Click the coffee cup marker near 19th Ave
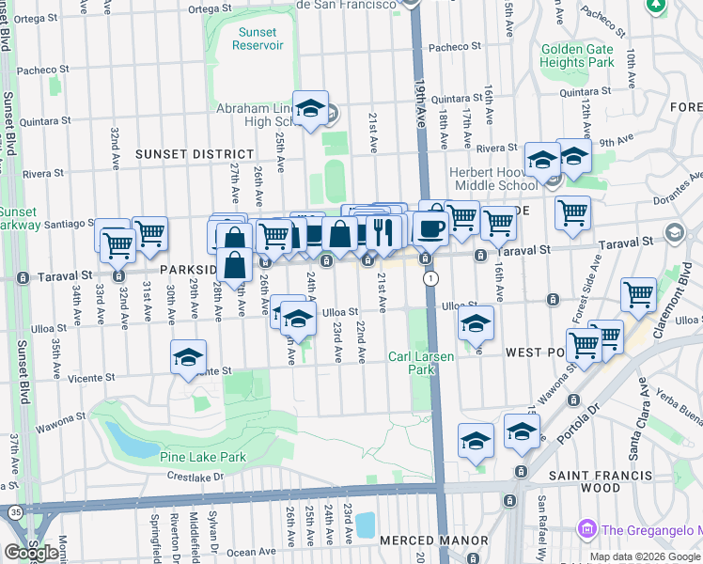(x=431, y=228)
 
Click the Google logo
(x=31, y=553)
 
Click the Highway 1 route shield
(x=430, y=279)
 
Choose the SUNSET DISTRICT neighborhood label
(x=194, y=153)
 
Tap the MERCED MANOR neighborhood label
(x=433, y=540)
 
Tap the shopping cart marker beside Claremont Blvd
(x=638, y=295)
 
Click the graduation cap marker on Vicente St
(x=188, y=357)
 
